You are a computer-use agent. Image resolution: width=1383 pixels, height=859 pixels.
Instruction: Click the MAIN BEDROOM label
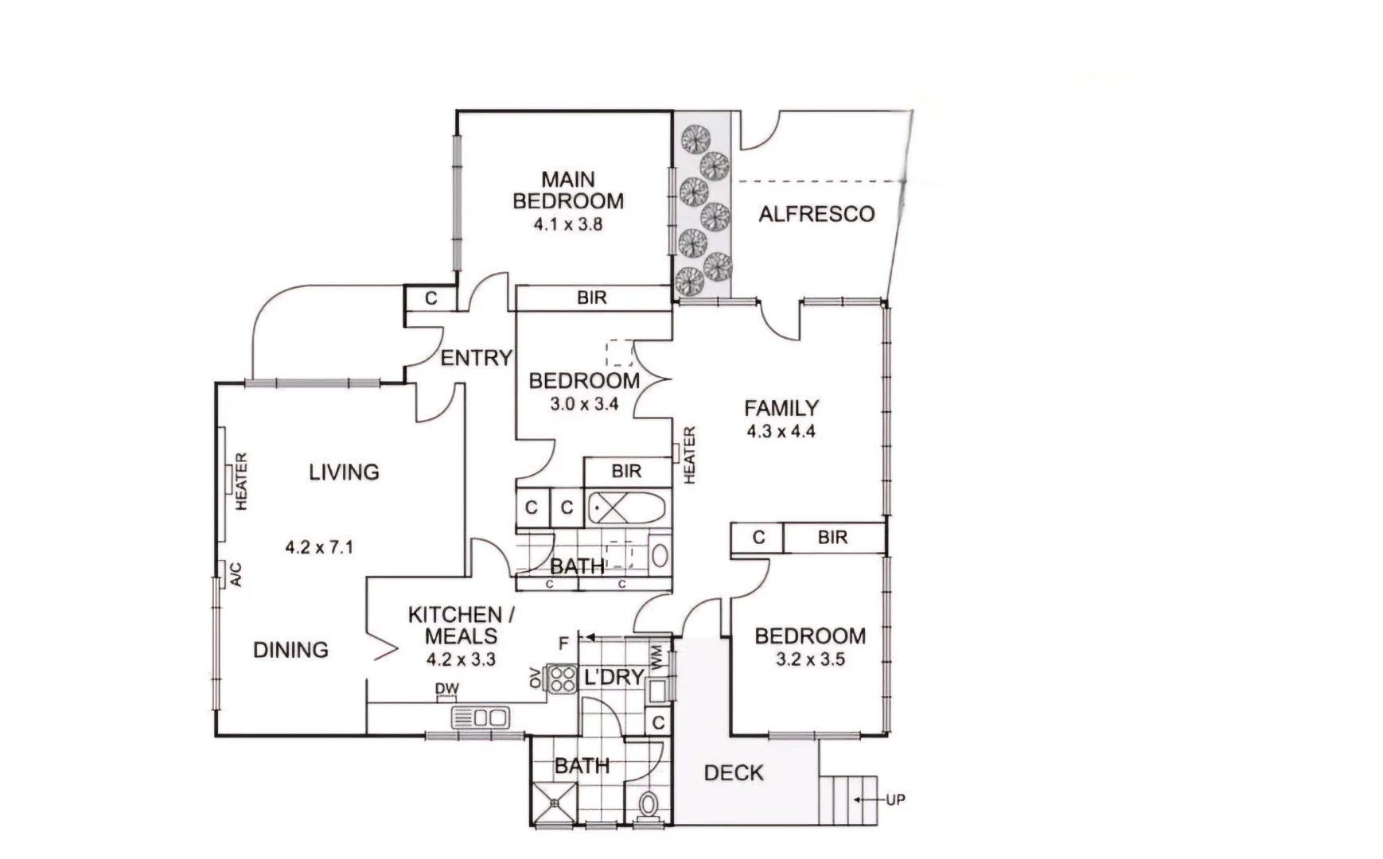pyautogui.click(x=567, y=191)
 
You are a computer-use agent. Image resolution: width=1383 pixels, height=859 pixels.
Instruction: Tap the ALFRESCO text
pyautogui.click(x=816, y=214)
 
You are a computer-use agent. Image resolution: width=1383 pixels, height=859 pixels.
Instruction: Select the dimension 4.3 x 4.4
pyautogui.click(x=781, y=432)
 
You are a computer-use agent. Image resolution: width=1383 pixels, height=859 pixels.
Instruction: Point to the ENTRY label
pyautogui.click(x=476, y=358)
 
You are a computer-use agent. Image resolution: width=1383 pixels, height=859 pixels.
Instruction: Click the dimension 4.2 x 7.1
pyautogui.click(x=319, y=547)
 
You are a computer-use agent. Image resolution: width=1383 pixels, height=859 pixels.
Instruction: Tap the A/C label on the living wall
pyautogui.click(x=236, y=574)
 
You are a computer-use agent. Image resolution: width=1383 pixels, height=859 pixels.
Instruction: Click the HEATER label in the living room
pyautogui.click(x=241, y=481)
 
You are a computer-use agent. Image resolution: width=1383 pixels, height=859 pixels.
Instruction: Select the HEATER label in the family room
pyautogui.click(x=689, y=455)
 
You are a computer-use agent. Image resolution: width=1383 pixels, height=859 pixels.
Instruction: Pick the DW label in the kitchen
pyautogui.click(x=446, y=689)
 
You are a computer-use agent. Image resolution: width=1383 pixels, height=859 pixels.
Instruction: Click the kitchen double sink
pyautogui.click(x=481, y=717)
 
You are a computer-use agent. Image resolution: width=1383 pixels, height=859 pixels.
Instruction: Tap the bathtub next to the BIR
pyautogui.click(x=627, y=507)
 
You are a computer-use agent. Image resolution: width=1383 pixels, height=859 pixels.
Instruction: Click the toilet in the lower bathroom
pyautogui.click(x=649, y=804)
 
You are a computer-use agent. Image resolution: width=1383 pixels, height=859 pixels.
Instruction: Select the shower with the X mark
pyautogui.click(x=553, y=802)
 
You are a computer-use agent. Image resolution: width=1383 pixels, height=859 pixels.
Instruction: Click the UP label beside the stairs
pyautogui.click(x=895, y=799)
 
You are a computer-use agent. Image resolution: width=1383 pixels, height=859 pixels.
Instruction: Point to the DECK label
pyautogui.click(x=734, y=772)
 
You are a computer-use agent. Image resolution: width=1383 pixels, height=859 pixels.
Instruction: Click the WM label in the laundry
pyautogui.click(x=656, y=657)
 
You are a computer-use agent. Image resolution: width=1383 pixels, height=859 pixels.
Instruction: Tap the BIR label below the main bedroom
pyautogui.click(x=591, y=297)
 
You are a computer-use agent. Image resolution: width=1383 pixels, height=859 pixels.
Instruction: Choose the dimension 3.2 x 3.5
pyautogui.click(x=810, y=659)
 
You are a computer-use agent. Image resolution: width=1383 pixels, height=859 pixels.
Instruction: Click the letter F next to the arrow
pyautogui.click(x=563, y=643)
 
